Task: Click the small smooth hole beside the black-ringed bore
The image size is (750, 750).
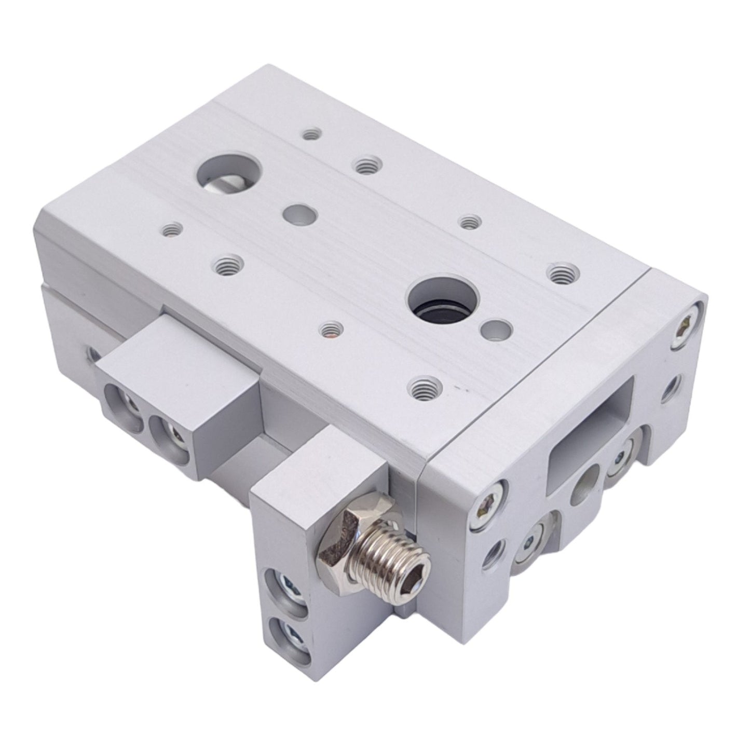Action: tap(496, 330)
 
